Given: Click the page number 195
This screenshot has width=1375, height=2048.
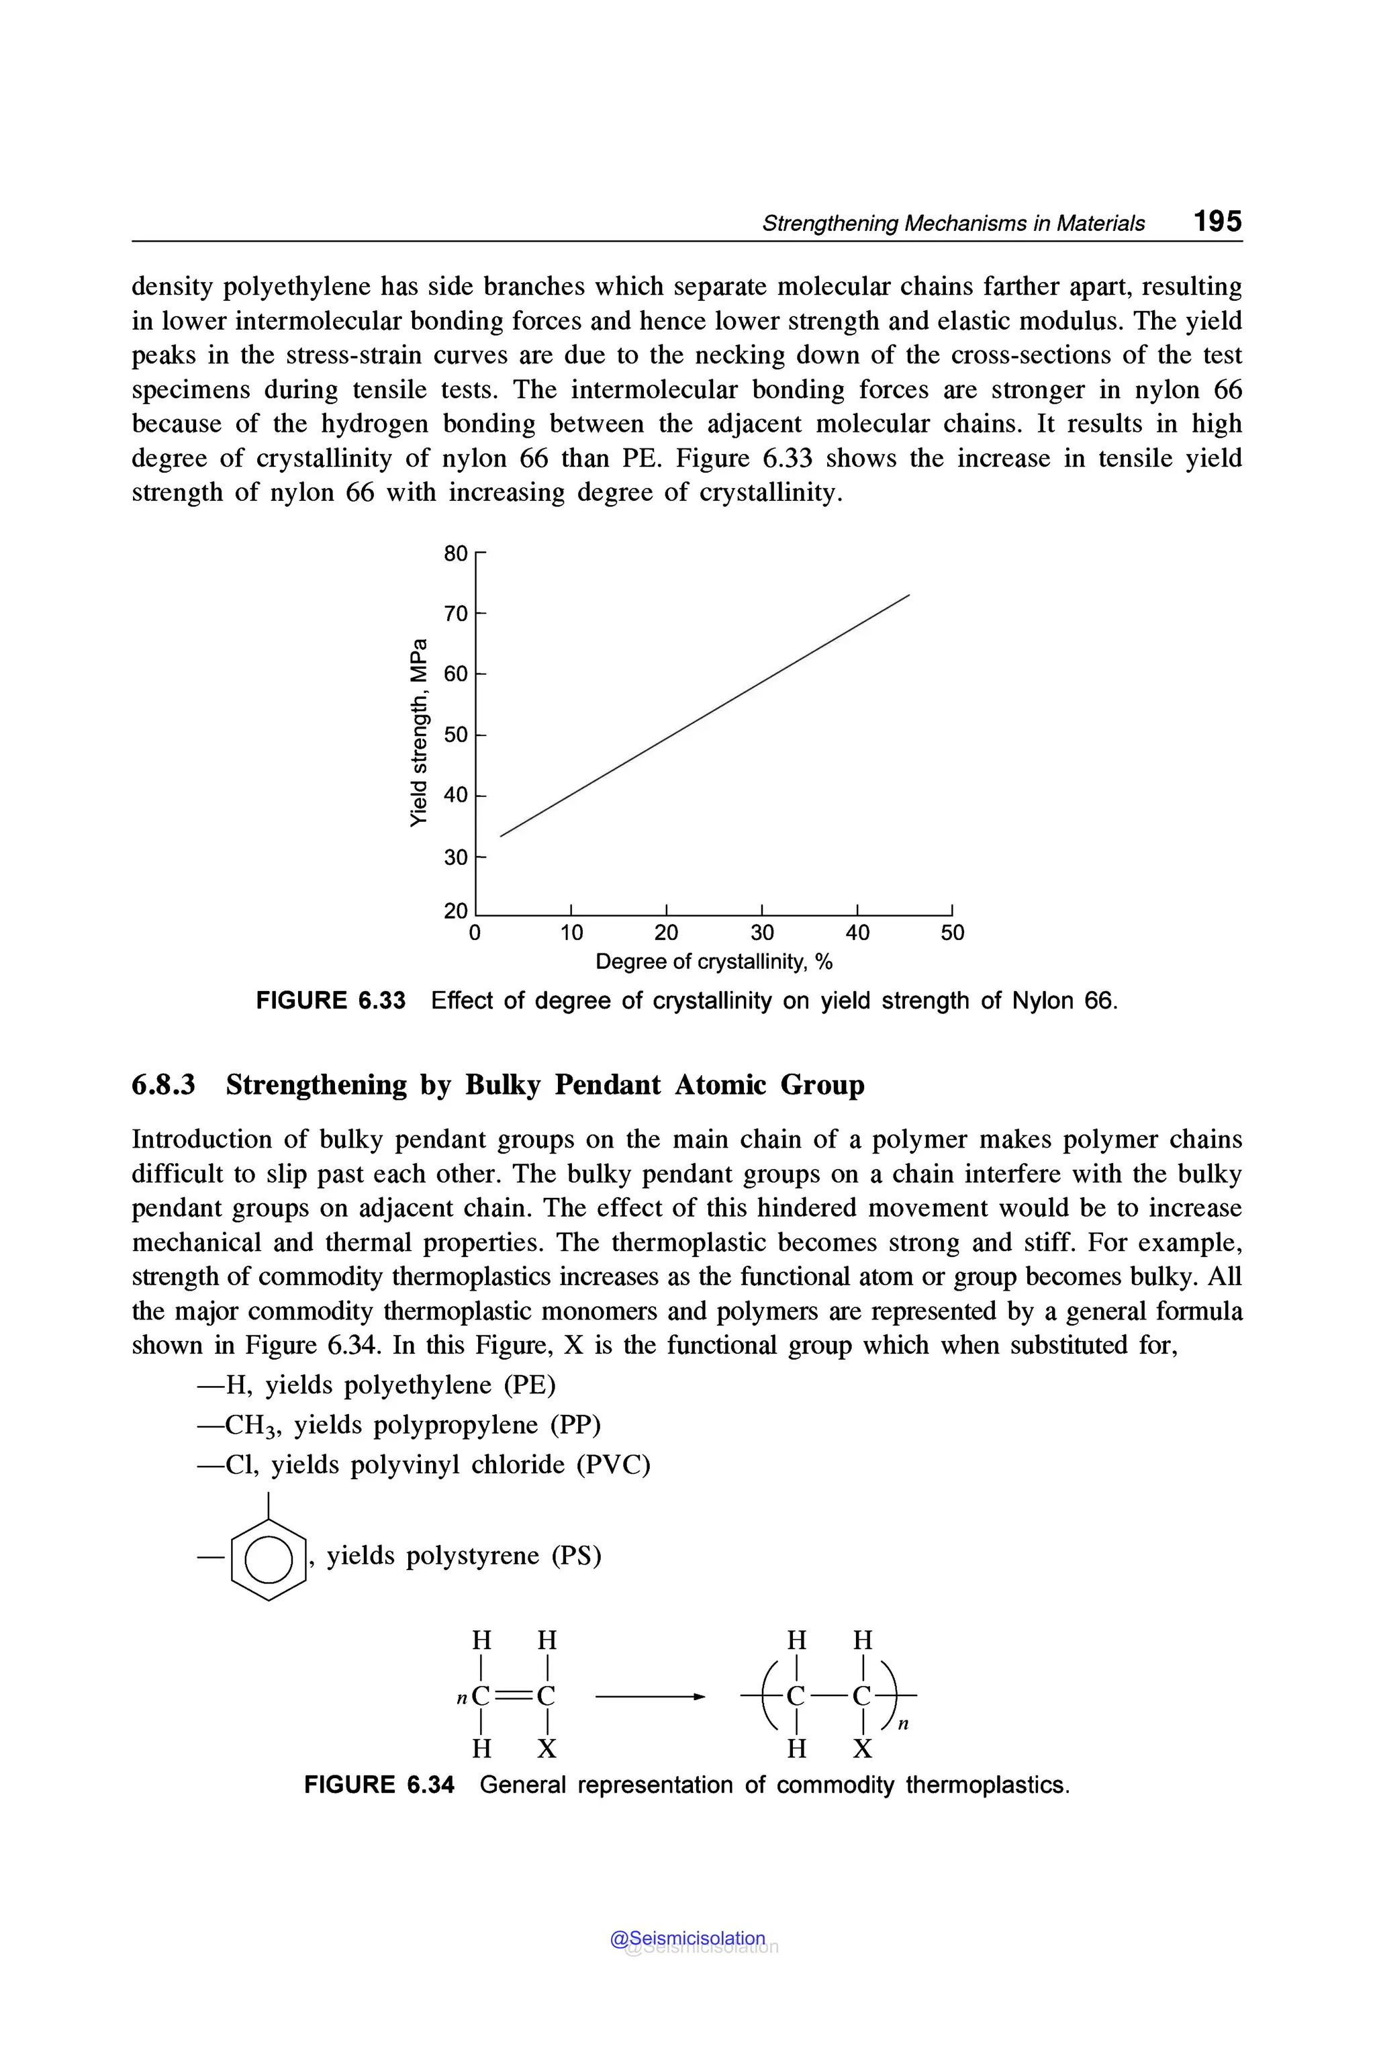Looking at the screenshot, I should coord(1217,221).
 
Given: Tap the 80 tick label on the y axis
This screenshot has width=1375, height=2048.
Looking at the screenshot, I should coord(456,553).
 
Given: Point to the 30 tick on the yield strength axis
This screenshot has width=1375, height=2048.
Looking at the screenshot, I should coord(456,857).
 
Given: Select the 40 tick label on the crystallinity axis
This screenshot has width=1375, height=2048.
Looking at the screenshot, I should coord(857,933).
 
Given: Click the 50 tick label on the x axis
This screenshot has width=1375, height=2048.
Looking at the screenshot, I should coord(952,933).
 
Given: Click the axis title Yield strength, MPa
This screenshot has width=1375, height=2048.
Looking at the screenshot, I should coord(420,733).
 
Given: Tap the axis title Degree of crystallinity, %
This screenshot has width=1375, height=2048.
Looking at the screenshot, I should coord(714,962).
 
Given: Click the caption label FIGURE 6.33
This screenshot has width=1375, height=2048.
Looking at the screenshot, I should coord(330,1000).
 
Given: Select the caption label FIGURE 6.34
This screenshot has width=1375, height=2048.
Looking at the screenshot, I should coord(379,1785).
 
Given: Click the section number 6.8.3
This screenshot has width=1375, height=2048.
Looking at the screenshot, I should coord(163,1085).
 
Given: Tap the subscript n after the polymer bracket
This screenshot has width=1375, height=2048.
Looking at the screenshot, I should coord(904,1724).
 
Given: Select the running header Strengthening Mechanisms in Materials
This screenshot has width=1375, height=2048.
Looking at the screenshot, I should coord(953,224).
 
